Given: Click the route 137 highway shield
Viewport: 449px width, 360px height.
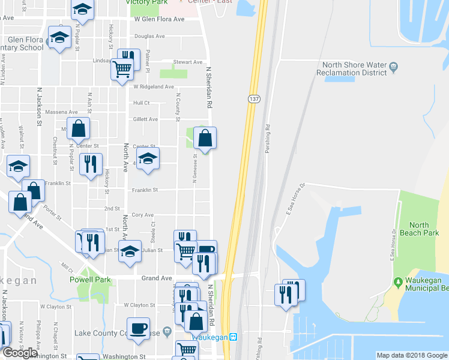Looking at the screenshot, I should click(x=254, y=98).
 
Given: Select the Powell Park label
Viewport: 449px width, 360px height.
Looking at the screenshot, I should click(x=90, y=280).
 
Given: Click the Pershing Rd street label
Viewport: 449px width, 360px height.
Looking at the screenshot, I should click(x=268, y=137).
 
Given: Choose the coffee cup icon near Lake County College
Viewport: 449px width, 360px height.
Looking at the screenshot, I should click(x=139, y=328).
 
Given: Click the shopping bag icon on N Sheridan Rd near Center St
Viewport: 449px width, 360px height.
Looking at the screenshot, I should click(x=205, y=138).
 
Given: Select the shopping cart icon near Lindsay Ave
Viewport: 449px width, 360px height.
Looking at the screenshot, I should click(x=122, y=69).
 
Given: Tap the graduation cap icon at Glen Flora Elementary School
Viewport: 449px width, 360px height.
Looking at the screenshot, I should click(x=59, y=37).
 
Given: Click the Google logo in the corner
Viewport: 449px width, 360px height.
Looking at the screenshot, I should click(x=20, y=353).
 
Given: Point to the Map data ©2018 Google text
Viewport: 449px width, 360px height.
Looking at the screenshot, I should click(x=411, y=355).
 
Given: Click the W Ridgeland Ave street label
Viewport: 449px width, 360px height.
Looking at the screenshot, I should click(x=154, y=86).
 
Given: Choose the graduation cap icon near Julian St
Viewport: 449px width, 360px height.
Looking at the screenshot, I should click(x=129, y=252).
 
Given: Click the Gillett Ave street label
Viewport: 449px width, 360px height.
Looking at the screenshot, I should click(x=145, y=119).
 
